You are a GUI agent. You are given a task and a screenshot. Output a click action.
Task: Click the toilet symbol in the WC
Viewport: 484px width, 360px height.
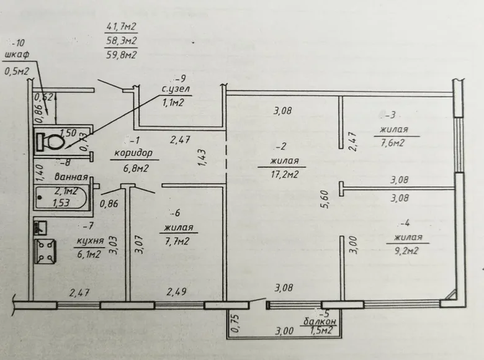[x=52, y=142]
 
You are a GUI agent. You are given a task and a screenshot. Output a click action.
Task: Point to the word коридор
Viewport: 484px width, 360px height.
[x=133, y=153]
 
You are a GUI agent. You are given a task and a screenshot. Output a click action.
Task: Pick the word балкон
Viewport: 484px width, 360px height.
[x=320, y=322]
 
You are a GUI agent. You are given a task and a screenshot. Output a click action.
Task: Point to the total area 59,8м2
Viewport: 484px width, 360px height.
[x=122, y=54]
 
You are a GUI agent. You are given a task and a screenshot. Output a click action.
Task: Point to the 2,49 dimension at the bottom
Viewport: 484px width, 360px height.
[x=177, y=292]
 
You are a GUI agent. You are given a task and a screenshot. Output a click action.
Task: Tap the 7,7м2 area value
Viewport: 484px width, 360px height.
[x=179, y=241]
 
